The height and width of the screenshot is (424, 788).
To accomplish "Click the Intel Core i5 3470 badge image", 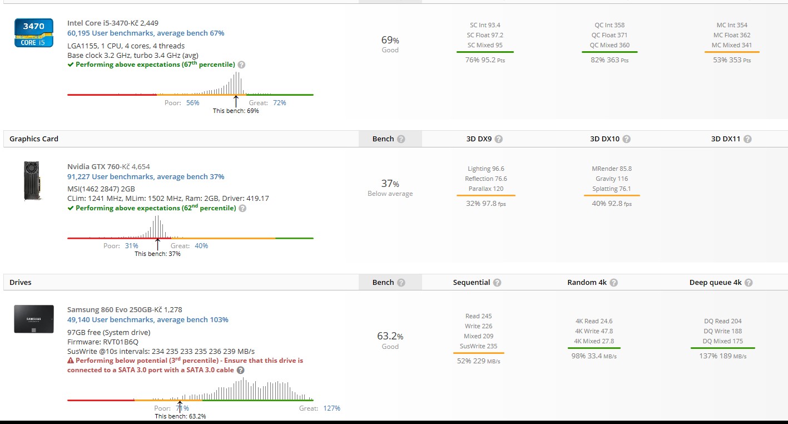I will click(x=34, y=33).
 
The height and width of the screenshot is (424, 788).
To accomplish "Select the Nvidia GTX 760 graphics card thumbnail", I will click(x=32, y=180).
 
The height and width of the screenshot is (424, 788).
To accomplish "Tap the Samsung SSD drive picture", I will click(x=34, y=319).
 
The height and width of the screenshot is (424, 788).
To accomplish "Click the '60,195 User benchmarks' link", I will click(x=146, y=33).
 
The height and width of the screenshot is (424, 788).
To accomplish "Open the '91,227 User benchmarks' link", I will click(x=146, y=177).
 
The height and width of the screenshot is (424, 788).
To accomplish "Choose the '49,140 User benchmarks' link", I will click(x=148, y=320).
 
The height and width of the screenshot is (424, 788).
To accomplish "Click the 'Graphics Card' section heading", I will click(x=34, y=139).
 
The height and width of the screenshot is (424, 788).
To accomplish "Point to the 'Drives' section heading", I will click(x=21, y=283).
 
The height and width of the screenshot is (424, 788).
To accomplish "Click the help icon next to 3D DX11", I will click(x=747, y=139).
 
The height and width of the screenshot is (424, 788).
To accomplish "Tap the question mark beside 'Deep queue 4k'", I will click(x=749, y=283).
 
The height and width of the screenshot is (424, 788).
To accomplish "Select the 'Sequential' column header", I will click(x=471, y=283).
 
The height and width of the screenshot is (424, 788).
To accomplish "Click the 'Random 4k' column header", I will click(x=587, y=283).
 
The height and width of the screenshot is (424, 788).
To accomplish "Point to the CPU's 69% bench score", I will click(x=390, y=40).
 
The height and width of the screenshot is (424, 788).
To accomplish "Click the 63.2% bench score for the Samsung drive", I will click(x=390, y=337).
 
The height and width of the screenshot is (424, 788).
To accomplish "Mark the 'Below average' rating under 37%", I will click(x=390, y=194).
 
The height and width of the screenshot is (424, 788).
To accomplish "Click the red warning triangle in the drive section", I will click(x=71, y=361).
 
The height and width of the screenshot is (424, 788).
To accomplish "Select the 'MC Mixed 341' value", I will click(x=731, y=45).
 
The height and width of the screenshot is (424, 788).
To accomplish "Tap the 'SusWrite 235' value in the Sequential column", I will click(x=478, y=346).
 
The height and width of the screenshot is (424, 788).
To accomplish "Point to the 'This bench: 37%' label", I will click(x=157, y=254).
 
